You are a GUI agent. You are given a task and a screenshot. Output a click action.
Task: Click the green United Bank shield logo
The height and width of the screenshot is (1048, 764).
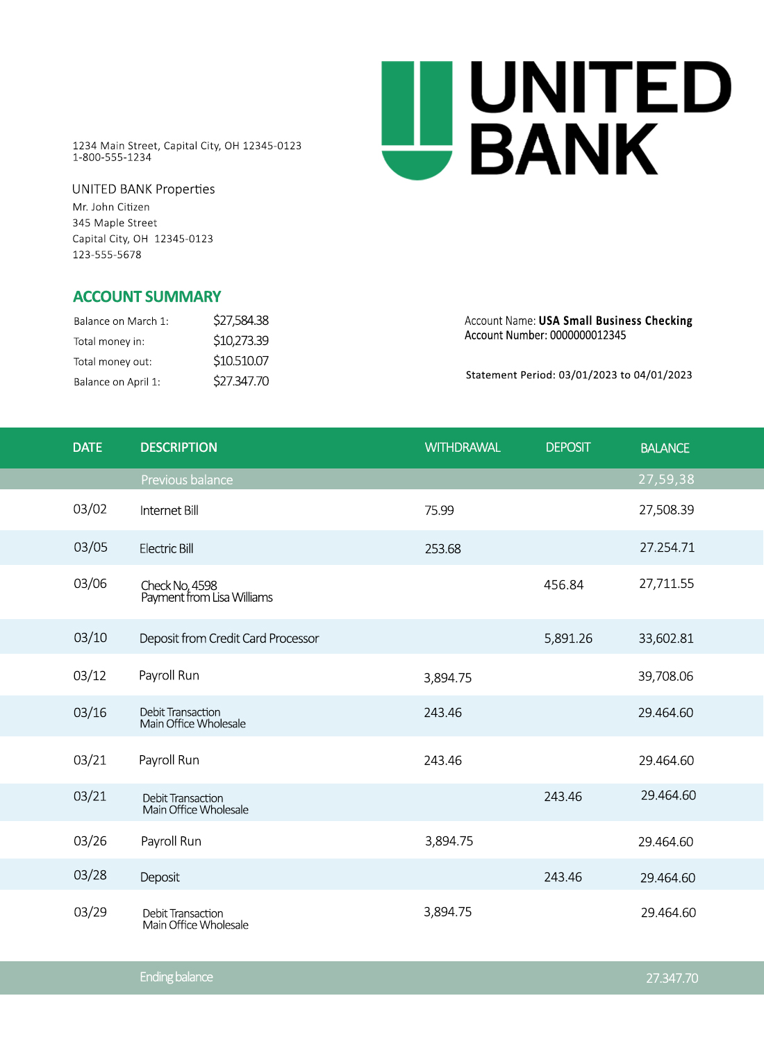click(x=417, y=119)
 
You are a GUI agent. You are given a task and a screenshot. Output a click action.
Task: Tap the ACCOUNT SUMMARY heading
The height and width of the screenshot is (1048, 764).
click(x=147, y=297)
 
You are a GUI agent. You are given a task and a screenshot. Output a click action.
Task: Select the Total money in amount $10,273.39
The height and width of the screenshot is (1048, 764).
click(x=240, y=341)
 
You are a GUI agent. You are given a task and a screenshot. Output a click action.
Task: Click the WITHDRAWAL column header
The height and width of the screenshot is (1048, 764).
click(x=462, y=448)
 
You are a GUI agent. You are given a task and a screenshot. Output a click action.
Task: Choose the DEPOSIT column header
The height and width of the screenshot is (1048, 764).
click(x=567, y=448)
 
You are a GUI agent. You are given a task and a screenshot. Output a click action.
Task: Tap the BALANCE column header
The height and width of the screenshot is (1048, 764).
click(x=665, y=448)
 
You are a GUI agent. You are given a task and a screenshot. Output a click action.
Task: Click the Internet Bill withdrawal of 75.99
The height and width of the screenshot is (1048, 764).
click(x=439, y=511)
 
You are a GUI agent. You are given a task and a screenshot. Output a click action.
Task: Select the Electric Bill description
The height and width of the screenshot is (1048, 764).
click(x=166, y=549)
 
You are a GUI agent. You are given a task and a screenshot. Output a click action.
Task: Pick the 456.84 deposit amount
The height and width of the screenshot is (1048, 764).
click(x=563, y=585)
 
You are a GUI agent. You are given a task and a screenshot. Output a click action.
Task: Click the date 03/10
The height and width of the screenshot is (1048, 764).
click(x=90, y=638)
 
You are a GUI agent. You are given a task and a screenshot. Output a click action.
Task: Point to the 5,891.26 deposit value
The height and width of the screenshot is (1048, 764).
click(x=567, y=639)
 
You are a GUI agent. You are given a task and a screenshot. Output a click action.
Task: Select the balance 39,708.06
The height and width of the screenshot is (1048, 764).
click(x=665, y=677)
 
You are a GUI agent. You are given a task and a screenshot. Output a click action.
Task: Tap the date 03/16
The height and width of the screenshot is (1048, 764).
click(x=90, y=713)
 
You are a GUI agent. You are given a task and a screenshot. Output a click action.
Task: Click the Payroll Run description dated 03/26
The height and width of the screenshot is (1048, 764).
click(x=171, y=842)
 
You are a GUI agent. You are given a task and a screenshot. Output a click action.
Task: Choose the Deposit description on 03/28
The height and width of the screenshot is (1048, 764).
click(x=160, y=878)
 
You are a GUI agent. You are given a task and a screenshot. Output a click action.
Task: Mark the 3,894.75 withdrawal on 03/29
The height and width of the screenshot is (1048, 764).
click(x=447, y=912)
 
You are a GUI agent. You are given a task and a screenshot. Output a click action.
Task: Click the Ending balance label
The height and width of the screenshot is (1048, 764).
click(x=176, y=977)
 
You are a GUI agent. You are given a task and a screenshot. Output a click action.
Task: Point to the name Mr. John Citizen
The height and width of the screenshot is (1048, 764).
click(x=111, y=207)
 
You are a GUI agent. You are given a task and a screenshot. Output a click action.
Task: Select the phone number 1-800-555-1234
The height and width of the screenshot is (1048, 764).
click(x=112, y=158)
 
